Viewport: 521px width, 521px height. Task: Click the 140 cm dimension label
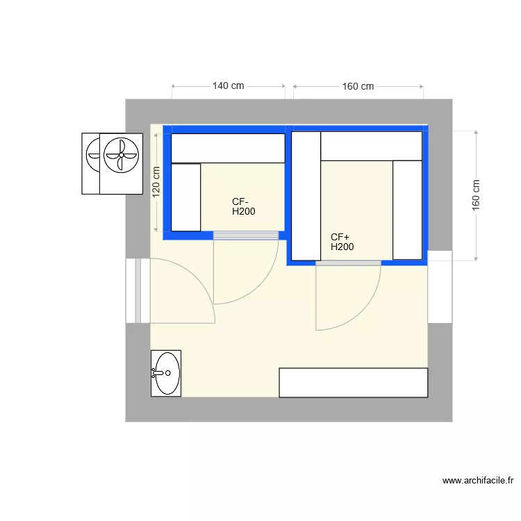click(229, 85)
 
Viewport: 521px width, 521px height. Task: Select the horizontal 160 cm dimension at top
click(358, 86)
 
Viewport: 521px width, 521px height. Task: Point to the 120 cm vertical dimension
click(156, 182)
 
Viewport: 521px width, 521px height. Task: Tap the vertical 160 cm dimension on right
click(476, 195)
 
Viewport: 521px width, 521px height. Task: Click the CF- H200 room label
click(244, 206)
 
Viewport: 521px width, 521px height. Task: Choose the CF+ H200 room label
click(342, 242)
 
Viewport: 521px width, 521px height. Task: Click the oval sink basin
click(168, 373)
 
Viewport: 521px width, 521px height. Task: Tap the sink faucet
click(157, 373)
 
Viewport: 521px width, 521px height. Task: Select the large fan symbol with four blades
click(122, 155)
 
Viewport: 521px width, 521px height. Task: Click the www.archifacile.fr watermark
click(478, 481)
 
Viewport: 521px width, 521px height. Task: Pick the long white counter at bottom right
click(353, 383)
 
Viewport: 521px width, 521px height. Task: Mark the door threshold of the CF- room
click(246, 235)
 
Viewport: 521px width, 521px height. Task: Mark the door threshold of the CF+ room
click(348, 263)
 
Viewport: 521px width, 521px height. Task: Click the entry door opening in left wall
click(138, 291)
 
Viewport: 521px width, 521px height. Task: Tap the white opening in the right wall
click(440, 287)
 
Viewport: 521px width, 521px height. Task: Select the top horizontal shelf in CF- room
click(228, 148)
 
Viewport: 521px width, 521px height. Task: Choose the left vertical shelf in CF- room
click(185, 197)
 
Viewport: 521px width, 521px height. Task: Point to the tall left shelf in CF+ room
click(306, 196)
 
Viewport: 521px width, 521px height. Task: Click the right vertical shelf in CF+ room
click(407, 210)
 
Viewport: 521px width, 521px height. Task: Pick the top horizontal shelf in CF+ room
click(372, 146)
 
